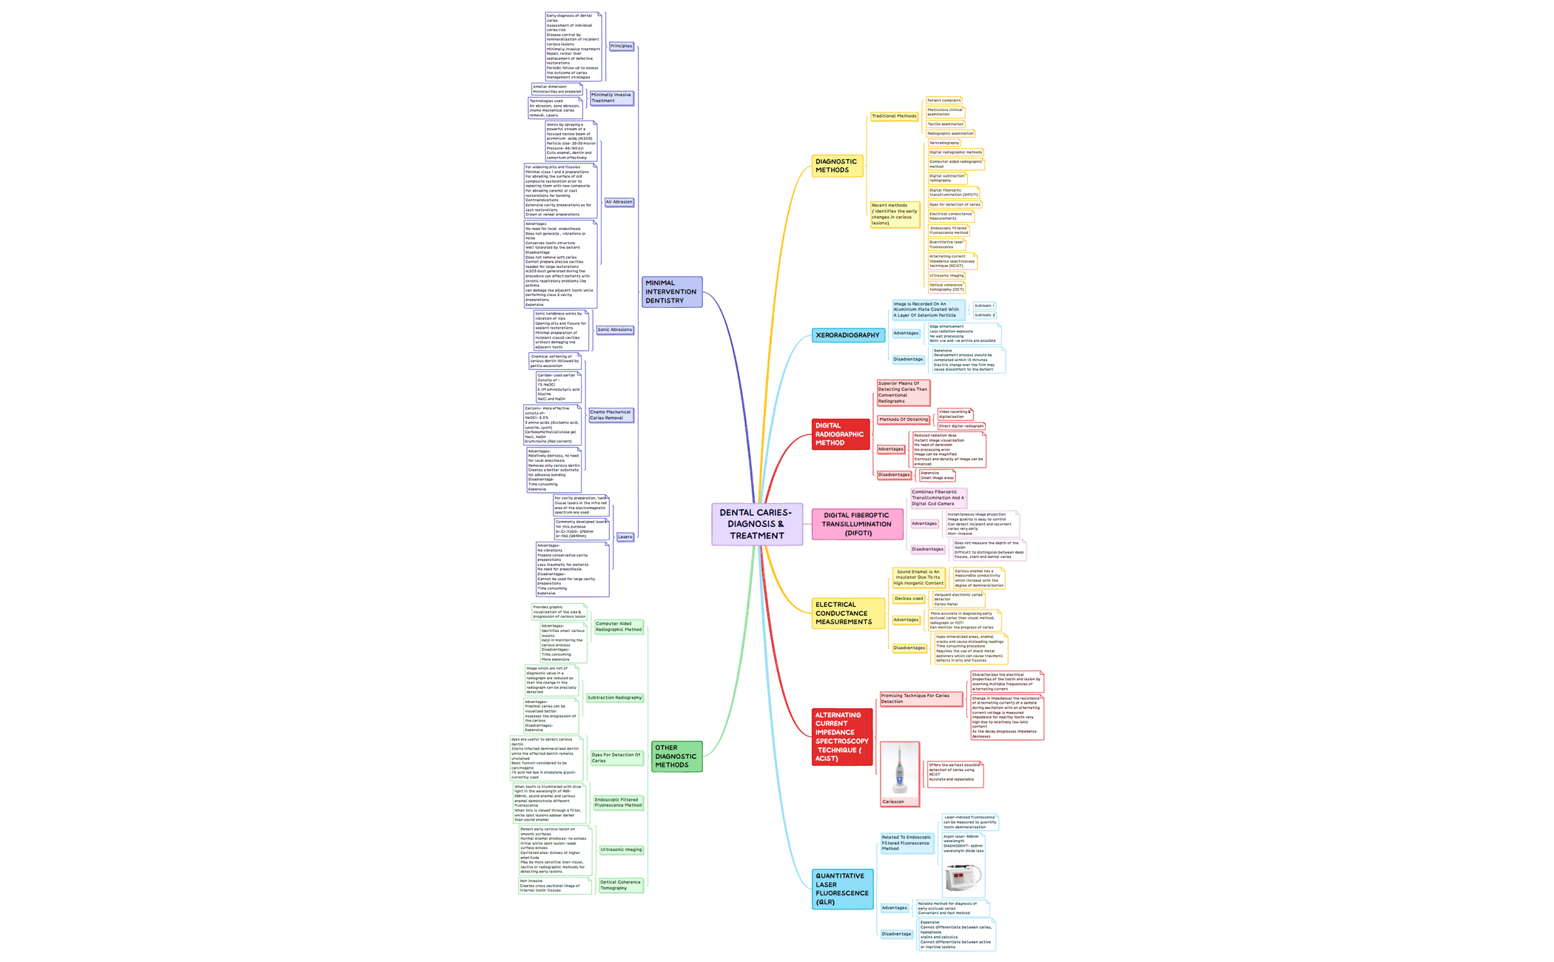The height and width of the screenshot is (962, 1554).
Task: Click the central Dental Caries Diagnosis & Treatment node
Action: point(756,524)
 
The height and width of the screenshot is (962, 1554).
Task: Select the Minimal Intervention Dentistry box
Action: point(671,292)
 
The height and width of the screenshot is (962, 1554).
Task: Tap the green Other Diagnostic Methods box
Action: point(676,756)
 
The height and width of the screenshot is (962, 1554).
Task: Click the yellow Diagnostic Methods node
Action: point(837,166)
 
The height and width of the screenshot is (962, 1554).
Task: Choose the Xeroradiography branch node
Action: point(848,335)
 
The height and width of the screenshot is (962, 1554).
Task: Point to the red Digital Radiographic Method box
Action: point(840,434)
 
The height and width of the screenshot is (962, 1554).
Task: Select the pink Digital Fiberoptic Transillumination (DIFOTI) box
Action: point(857,524)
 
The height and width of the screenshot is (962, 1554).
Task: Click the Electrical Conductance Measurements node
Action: point(847,613)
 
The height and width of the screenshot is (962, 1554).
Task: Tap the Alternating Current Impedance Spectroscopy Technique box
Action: point(842,736)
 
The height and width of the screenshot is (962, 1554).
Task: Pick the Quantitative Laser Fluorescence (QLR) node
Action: point(842,889)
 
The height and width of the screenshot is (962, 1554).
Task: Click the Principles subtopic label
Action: point(621,46)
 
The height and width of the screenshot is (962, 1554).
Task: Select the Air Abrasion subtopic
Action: point(619,202)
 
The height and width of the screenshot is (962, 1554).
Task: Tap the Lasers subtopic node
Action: point(625,536)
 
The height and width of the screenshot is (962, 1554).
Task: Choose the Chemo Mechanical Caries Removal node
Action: point(610,415)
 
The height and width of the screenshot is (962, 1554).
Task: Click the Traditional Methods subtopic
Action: point(894,116)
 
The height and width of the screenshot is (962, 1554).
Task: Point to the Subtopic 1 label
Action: point(984,306)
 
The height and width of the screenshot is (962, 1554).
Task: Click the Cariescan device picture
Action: point(900,773)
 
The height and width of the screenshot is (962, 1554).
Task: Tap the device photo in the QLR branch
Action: point(963,878)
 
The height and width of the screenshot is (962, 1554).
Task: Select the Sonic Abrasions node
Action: point(615,330)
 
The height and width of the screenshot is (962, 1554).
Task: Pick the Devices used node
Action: point(909,599)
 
